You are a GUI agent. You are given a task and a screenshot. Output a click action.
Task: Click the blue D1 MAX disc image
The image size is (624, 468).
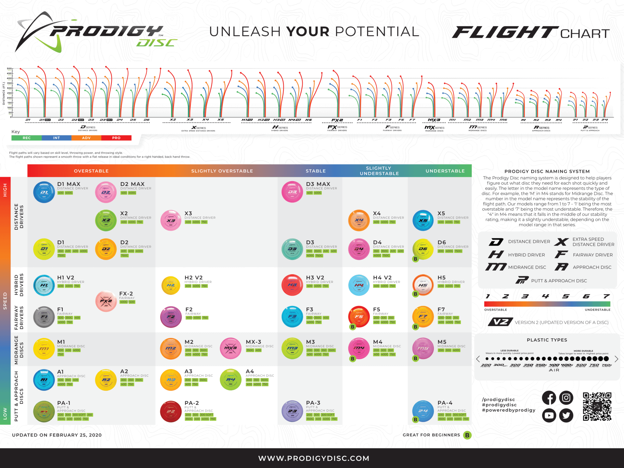[44, 192]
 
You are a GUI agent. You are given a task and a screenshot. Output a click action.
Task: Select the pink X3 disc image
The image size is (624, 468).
[171, 220]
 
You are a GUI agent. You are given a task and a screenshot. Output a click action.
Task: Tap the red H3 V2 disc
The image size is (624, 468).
[292, 285]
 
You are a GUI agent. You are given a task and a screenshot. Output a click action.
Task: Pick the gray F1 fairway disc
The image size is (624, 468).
[44, 317]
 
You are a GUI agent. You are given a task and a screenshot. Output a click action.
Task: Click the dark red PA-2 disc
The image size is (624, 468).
[171, 411]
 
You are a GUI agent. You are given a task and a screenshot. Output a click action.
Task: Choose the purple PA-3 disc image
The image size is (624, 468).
[292, 411]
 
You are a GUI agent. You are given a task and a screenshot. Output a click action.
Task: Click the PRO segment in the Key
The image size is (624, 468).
[116, 138]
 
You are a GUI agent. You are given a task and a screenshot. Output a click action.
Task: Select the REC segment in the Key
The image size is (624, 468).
[27, 138]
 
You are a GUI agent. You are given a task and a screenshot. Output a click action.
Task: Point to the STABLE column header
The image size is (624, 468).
[316, 171]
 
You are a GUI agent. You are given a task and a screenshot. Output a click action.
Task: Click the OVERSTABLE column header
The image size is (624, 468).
[91, 171]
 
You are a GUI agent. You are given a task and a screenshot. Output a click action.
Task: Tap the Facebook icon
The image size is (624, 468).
[549, 398]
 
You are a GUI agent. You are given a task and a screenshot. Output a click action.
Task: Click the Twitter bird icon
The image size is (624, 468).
[566, 415]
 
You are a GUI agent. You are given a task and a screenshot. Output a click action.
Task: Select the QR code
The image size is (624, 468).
[597, 406]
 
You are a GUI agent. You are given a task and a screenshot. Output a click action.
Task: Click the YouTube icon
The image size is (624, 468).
[549, 415]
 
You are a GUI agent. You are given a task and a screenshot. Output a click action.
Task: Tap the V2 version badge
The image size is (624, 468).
[500, 322]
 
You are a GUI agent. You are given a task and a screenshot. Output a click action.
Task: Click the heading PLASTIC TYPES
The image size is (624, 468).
[547, 340]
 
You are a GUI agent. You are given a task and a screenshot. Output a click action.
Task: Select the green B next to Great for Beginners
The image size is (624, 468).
[467, 435]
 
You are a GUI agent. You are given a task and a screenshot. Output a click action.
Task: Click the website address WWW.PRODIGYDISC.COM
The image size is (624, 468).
[314, 458]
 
